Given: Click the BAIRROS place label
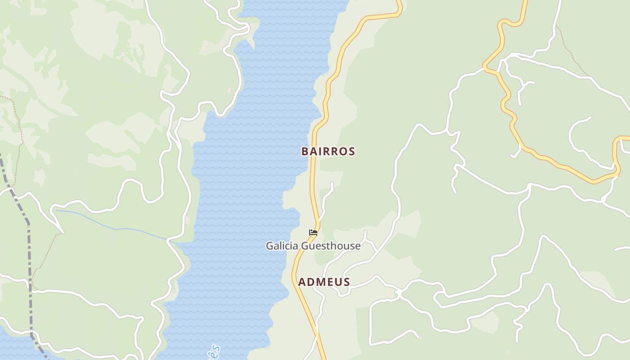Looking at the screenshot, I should tap(328, 151).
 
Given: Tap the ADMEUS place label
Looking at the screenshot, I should tap(324, 282).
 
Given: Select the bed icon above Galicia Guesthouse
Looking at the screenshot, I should tap(313, 233).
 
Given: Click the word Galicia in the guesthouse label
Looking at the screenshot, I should tap(282, 246).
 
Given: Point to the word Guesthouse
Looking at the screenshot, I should tap(331, 246).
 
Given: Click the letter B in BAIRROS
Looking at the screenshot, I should tap(305, 151).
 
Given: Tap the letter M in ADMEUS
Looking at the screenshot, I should tap(321, 282).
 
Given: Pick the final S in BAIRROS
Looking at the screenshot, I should tap(352, 151).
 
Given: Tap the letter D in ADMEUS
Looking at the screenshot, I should tap(311, 282).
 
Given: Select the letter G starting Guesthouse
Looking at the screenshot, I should tap(305, 246).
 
